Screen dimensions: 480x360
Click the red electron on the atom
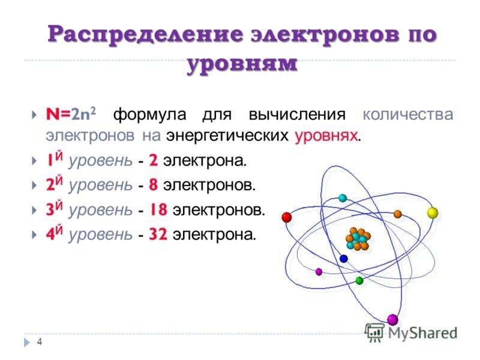tap(287, 217)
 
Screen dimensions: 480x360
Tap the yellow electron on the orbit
tap(433, 213)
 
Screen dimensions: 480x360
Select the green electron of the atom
tap(359, 280)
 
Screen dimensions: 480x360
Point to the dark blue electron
tap(344, 259)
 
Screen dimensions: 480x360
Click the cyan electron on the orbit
tap(343, 198)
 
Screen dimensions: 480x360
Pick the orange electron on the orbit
tap(398, 214)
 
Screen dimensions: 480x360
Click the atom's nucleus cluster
tap(358, 239)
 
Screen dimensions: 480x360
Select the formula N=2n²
tap(71, 113)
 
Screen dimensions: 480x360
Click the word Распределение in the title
tap(146, 34)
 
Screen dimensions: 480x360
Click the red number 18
tap(158, 209)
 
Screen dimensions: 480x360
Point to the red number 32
tap(158, 235)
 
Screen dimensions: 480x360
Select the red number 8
tap(154, 185)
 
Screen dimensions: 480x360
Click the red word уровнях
tap(326, 136)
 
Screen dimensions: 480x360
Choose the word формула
tap(149, 115)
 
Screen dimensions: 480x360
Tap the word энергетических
tap(227, 136)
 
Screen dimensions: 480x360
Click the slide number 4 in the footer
tap(40, 341)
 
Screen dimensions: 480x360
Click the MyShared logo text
tap(423, 333)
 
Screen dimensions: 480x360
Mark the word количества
tap(408, 115)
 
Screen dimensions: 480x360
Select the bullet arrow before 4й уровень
tap(34, 235)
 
